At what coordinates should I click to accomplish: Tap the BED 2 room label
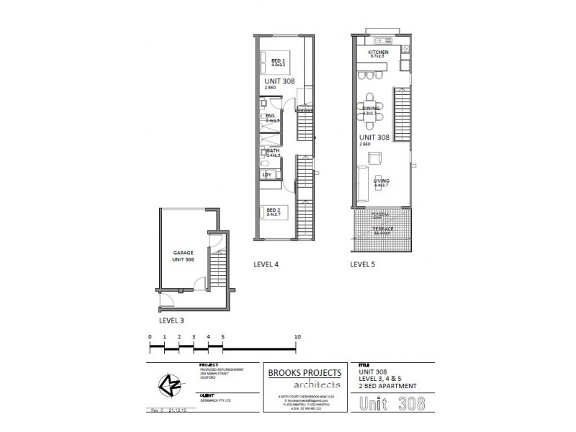click(274, 211)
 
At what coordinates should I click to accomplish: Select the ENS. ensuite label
click(271, 117)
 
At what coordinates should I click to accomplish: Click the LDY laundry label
click(267, 174)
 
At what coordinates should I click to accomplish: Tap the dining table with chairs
click(371, 111)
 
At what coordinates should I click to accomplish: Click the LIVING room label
click(381, 181)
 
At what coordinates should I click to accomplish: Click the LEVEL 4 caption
click(266, 264)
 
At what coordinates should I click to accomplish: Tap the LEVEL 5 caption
click(362, 264)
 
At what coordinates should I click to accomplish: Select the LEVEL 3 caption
click(171, 318)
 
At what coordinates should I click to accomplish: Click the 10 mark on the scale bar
click(297, 337)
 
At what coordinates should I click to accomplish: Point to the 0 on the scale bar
click(150, 337)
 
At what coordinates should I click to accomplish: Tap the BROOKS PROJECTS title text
click(306, 373)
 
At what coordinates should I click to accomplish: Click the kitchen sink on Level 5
click(381, 40)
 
